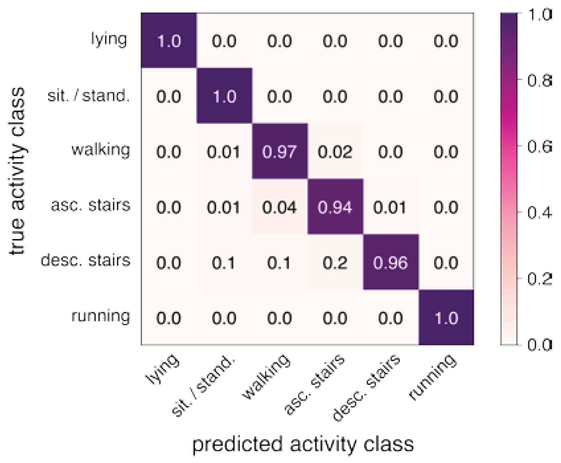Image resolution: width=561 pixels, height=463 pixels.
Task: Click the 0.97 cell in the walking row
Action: point(279,152)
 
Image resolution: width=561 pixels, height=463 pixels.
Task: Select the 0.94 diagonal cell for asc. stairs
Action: point(335,207)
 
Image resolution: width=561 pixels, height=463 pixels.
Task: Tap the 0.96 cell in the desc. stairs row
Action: point(391,263)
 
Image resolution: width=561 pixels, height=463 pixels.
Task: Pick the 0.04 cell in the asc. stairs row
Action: point(279,207)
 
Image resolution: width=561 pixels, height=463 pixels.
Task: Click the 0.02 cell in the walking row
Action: point(335,152)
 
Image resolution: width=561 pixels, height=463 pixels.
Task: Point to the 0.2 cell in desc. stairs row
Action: point(335,263)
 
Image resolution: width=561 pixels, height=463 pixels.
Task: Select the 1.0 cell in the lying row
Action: point(169,41)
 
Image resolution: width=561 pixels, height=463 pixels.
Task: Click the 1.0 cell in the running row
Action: point(446,318)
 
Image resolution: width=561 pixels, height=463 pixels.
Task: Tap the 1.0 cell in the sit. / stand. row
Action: point(224,96)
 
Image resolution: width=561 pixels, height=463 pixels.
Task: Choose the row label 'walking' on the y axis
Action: point(101,150)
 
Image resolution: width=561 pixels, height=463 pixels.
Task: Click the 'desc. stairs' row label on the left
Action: point(85,260)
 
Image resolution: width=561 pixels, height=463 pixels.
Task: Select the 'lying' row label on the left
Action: point(109,39)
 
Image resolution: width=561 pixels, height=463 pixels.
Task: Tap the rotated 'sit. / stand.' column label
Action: point(204,386)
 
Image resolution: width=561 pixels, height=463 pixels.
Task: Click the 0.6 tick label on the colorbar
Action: point(538,146)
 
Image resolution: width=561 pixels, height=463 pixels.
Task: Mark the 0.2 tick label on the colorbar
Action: point(538,279)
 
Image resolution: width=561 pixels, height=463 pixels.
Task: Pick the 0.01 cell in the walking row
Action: point(223,152)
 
